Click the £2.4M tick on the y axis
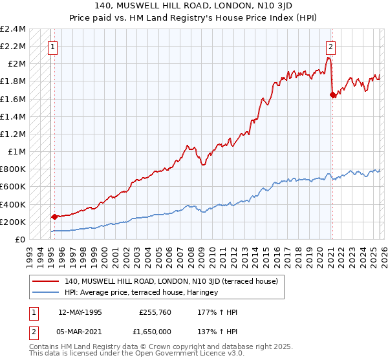click(13, 29)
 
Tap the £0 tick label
click(20, 239)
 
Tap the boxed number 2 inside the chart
click(330, 47)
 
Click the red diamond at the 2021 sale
click(332, 95)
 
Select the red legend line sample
click(46, 281)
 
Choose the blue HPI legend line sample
click(46, 292)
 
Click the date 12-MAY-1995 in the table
click(80, 312)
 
